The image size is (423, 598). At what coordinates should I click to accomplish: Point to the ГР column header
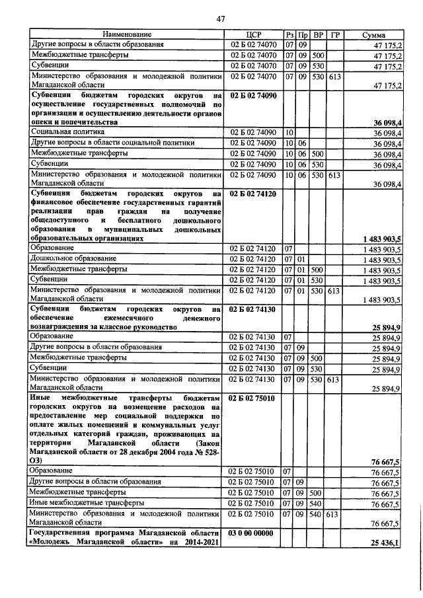(335, 34)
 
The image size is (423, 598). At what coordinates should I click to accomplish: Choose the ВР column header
(318, 34)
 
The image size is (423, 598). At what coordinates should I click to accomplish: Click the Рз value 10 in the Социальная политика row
(289, 132)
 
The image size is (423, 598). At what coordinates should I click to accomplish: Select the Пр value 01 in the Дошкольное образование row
(302, 258)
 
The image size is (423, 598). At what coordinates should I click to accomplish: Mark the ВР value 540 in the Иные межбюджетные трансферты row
(317, 503)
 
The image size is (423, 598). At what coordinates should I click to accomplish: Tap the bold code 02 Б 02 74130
(254, 308)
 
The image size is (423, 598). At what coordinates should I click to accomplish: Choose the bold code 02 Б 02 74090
(254, 96)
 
